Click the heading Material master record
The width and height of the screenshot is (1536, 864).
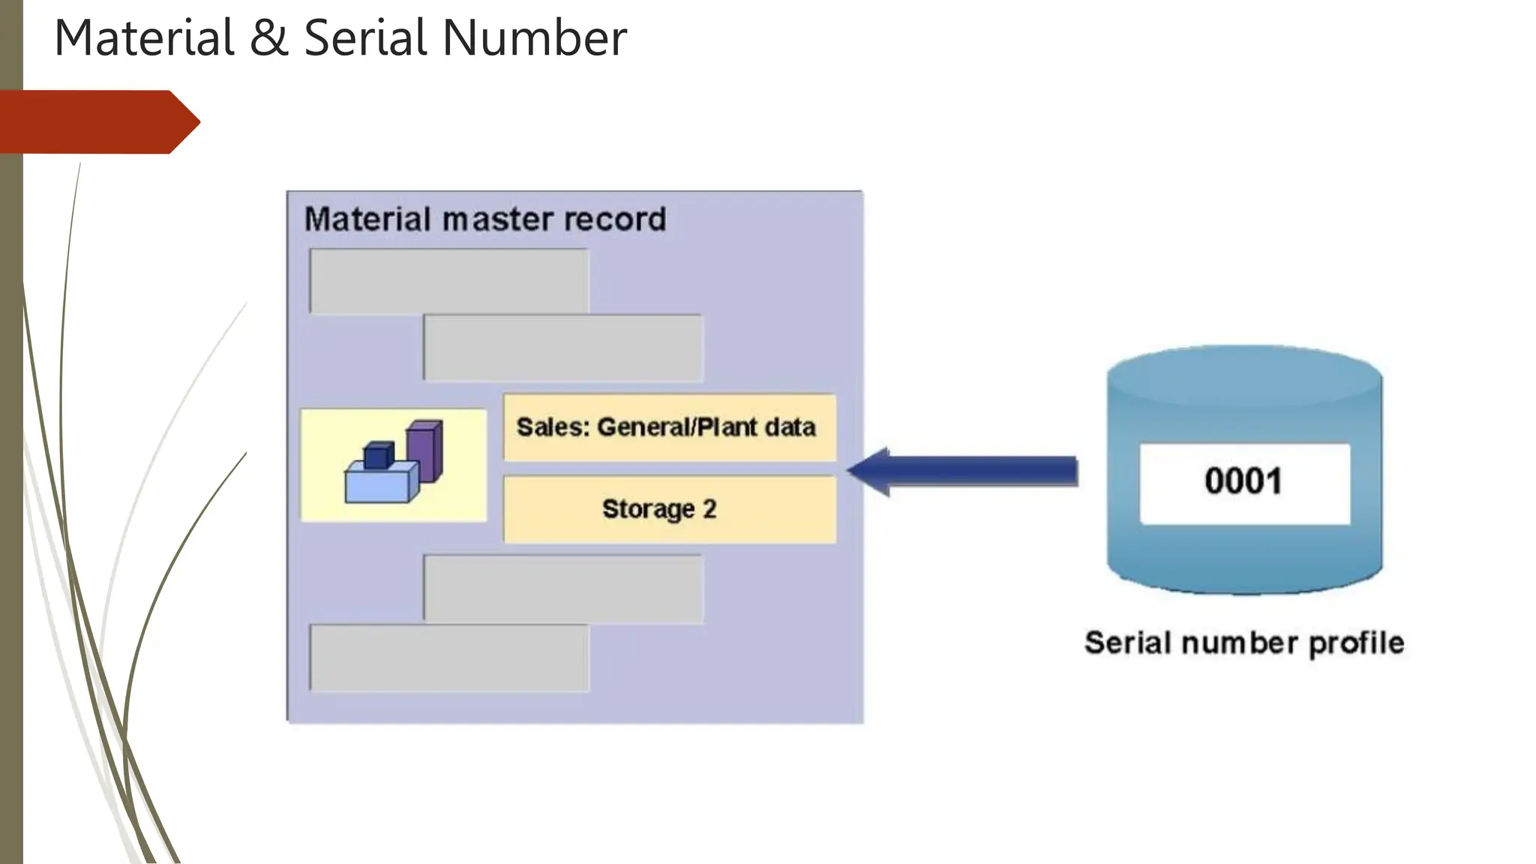click(x=484, y=220)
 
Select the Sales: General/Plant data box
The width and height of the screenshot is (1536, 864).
click(x=669, y=427)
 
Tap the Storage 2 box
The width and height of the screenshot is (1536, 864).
click(x=669, y=509)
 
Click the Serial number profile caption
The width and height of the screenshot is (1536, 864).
click(x=1244, y=643)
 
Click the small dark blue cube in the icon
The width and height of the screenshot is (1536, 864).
click(x=378, y=455)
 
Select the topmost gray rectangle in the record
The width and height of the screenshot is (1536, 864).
click(x=448, y=281)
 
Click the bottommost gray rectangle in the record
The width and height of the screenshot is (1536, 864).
click(x=448, y=658)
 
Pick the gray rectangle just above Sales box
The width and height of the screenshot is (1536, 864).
click(x=563, y=348)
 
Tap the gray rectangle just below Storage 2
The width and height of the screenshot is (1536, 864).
click(x=563, y=588)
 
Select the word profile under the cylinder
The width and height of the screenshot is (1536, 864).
click(x=1356, y=643)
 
